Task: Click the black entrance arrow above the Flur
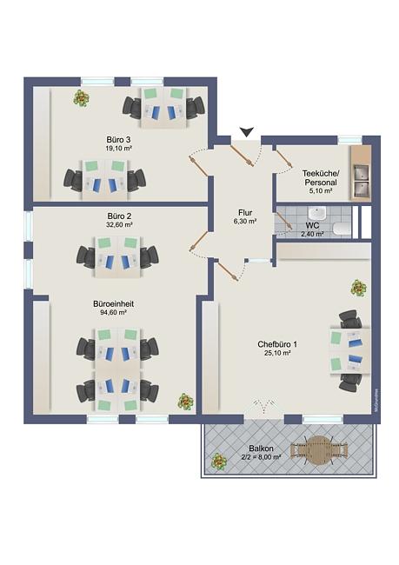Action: (x=247, y=132)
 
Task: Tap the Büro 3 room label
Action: (x=118, y=139)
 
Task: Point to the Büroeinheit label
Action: (x=113, y=304)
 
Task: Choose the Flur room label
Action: (x=245, y=213)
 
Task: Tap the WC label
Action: (x=312, y=226)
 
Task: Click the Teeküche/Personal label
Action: (x=319, y=177)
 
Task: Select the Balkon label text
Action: (x=261, y=449)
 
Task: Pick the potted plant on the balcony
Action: (x=219, y=462)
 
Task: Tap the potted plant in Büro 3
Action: (x=82, y=97)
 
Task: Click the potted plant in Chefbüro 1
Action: (x=359, y=288)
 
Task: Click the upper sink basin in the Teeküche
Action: (x=362, y=172)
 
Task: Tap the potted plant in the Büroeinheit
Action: (x=186, y=402)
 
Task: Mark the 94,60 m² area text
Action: (x=113, y=313)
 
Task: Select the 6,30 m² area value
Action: (x=245, y=222)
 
